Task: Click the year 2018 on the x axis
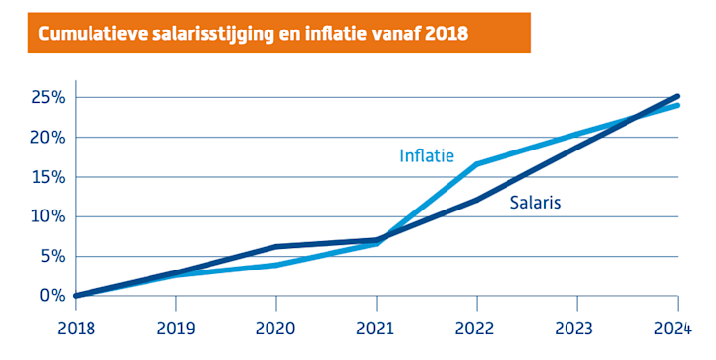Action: point(77,328)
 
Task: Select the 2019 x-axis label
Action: point(177,328)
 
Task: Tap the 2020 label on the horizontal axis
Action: point(277,328)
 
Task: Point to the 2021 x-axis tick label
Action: point(377,328)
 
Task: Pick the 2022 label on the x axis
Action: point(477,328)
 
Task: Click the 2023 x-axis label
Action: point(577,328)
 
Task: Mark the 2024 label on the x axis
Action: point(677,328)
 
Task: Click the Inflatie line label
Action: point(426,155)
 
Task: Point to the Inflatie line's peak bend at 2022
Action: point(477,164)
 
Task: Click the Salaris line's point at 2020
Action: point(277,247)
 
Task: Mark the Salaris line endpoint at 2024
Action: point(677,96)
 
